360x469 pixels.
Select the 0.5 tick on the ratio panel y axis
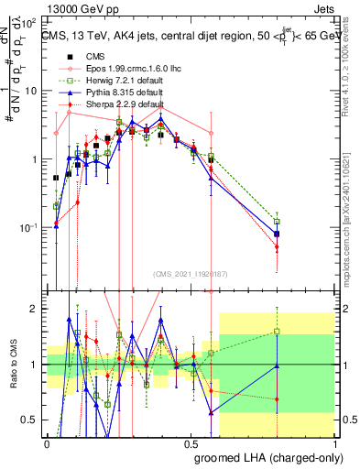point(32,420)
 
